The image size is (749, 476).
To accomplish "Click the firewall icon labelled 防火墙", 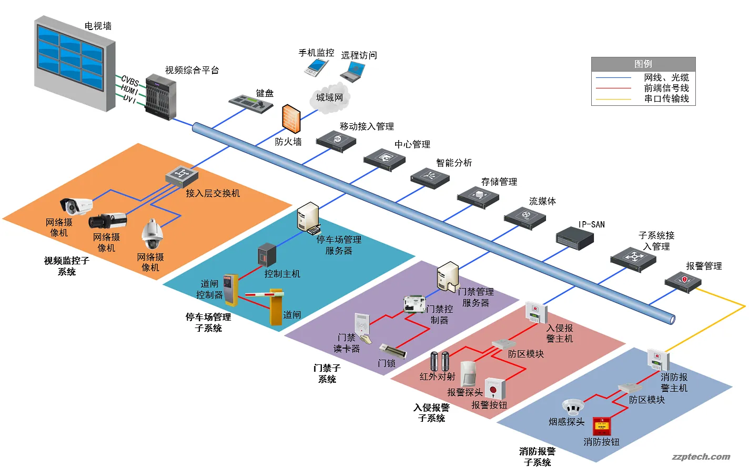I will pyautogui.click(x=291, y=119).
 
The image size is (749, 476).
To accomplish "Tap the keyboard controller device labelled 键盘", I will pyautogui.click(x=251, y=103).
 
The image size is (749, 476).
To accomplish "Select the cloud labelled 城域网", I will pyautogui.click(x=329, y=98).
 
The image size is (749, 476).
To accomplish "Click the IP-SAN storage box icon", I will pyautogui.click(x=575, y=237).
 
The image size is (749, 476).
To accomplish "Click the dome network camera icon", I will pyautogui.click(x=152, y=235).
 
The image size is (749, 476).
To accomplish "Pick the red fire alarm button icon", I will pyautogui.click(x=601, y=425).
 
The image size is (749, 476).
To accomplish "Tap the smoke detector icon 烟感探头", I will pyautogui.click(x=573, y=406).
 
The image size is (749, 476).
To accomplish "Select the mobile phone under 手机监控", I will pyautogui.click(x=317, y=67).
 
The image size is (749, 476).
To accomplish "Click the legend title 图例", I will pyautogui.click(x=643, y=64).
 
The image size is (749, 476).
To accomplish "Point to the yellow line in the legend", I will pyautogui.click(x=613, y=99).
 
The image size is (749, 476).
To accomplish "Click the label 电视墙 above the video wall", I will pyautogui.click(x=98, y=26).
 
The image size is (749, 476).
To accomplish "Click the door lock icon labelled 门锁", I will pyautogui.click(x=392, y=350).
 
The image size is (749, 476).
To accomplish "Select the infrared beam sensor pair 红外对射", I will pyautogui.click(x=440, y=361).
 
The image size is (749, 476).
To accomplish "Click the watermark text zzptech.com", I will pyautogui.click(x=701, y=457).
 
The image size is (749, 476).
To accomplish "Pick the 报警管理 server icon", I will pyautogui.click(x=683, y=281).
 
